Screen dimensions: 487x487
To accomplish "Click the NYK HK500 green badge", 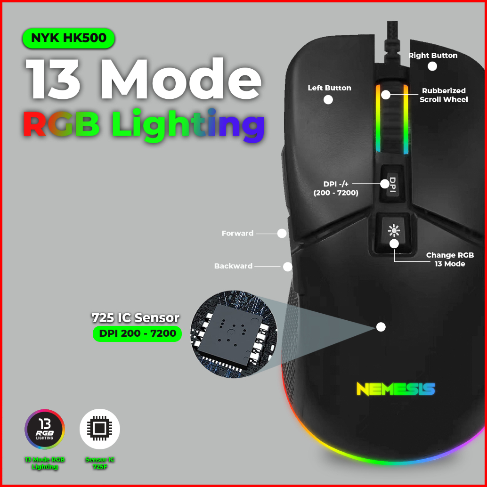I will (x=68, y=38).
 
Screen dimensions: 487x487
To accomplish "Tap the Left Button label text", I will (x=329, y=88).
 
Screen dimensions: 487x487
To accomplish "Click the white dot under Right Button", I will (x=432, y=66).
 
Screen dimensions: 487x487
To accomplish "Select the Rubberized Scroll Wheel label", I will (x=443, y=95).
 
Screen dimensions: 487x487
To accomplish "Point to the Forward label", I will (x=237, y=233).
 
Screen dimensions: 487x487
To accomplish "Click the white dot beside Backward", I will (x=287, y=267).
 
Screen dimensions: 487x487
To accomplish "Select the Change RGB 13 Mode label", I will (x=450, y=260).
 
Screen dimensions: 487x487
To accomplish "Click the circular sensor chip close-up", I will (x=234, y=334).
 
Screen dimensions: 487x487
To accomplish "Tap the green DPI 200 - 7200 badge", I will (x=137, y=334).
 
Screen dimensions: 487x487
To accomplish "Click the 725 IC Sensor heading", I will (x=136, y=317).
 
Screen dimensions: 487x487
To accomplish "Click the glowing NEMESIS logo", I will (x=395, y=389).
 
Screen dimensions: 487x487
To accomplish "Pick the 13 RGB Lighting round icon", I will (x=45, y=429).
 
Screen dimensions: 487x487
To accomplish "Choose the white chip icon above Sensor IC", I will (x=100, y=429).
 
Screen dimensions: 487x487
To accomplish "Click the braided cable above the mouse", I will (x=391, y=40).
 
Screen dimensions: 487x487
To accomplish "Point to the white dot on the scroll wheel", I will (x=386, y=95).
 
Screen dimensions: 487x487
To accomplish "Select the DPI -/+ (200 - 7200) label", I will (x=336, y=188).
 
